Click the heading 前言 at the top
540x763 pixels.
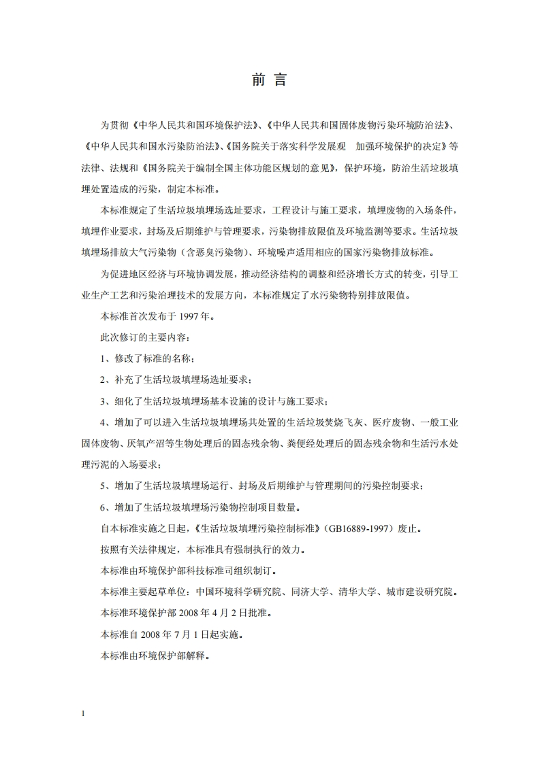270,80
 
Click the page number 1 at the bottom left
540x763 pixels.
82,713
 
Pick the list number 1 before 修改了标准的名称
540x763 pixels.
103,358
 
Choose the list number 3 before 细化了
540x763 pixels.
103,401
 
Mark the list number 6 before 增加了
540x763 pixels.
103,507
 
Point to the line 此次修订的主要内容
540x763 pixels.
146,337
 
